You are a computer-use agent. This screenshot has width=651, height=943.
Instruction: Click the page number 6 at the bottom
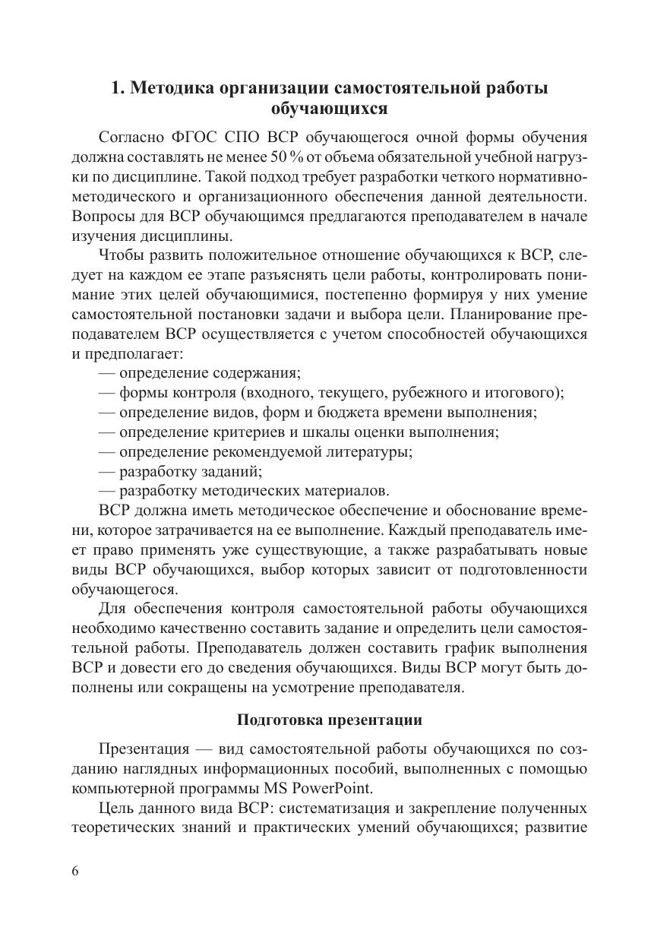coord(74,871)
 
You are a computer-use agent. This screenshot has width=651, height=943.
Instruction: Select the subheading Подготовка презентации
coord(329,720)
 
